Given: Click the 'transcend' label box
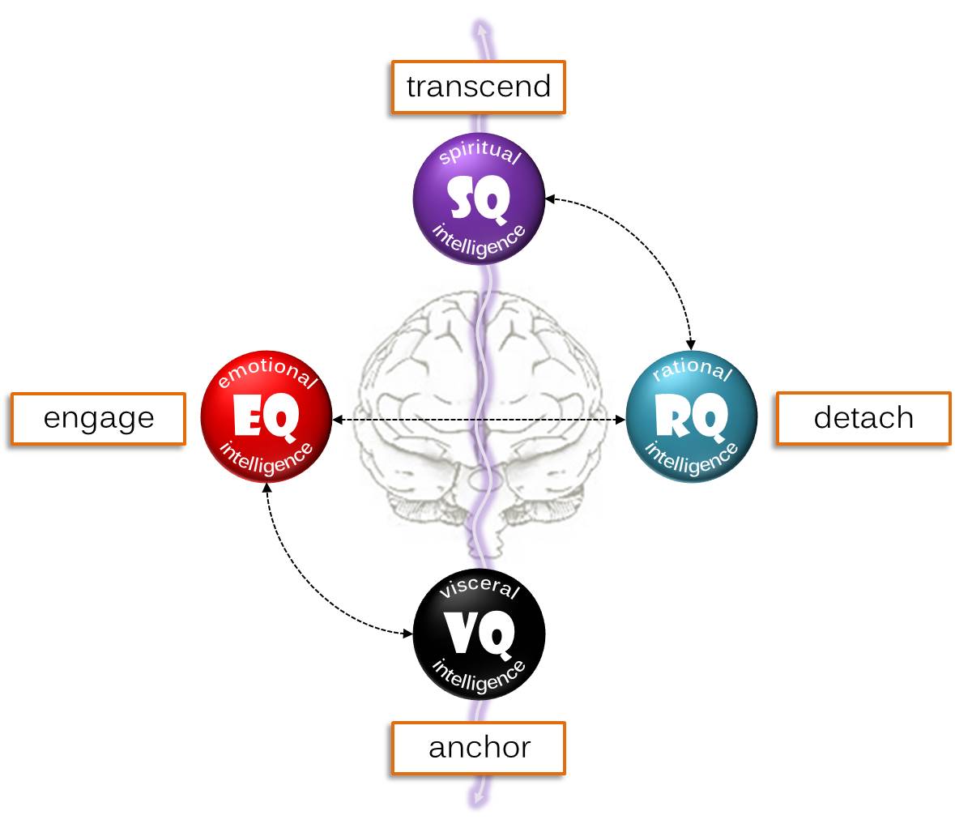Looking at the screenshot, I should click(x=478, y=87).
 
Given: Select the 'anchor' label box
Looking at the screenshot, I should click(x=478, y=747).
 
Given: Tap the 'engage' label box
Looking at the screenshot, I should click(x=98, y=418).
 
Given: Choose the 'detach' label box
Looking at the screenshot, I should click(x=863, y=418).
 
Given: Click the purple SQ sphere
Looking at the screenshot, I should click(x=479, y=198).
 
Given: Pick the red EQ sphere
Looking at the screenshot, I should click(x=266, y=416).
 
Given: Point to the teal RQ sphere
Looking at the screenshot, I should click(x=692, y=416).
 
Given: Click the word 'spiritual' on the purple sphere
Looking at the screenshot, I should click(x=479, y=154).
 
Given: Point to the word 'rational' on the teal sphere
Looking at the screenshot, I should click(x=692, y=370).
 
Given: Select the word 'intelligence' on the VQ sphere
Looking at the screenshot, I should click(x=479, y=677).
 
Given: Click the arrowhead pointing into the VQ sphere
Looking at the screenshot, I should click(x=407, y=633).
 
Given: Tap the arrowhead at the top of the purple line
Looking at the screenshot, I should click(x=483, y=29).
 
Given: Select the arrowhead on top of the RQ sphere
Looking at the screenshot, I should click(x=691, y=345).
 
